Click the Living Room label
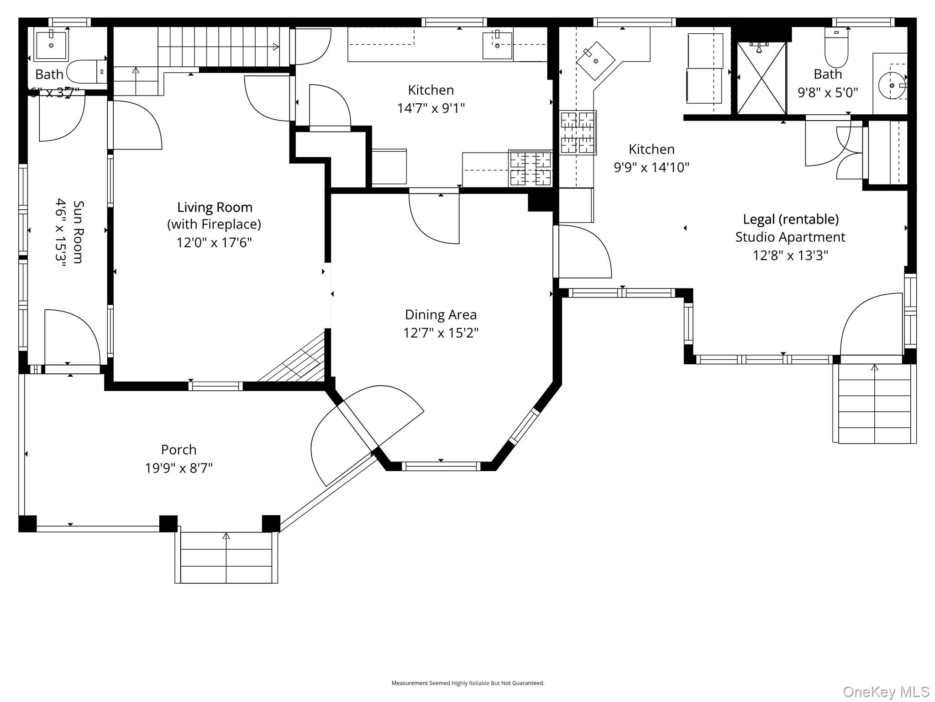pyautogui.click(x=215, y=207)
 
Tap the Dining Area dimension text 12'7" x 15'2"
pyautogui.click(x=441, y=333)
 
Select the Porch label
pyautogui.click(x=179, y=450)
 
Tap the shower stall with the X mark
pyautogui.click(x=762, y=78)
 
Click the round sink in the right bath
pyautogui.click(x=892, y=85)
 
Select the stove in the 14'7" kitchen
pyautogui.click(x=530, y=169)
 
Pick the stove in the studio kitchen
pyautogui.click(x=578, y=132)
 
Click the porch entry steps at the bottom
pyautogui.click(x=226, y=558)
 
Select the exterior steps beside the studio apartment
pyautogui.click(x=874, y=404)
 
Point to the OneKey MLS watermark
pyautogui.click(x=886, y=691)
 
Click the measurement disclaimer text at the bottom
pyautogui.click(x=467, y=683)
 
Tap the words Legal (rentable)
pyautogui.click(x=790, y=219)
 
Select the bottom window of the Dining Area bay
pyautogui.click(x=441, y=466)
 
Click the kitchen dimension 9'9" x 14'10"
pyautogui.click(x=651, y=167)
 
